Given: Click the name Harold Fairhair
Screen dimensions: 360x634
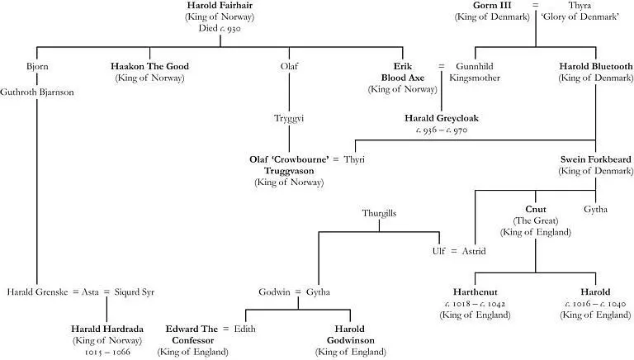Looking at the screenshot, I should click(220, 6).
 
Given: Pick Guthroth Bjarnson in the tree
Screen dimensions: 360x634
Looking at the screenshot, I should click(37, 92).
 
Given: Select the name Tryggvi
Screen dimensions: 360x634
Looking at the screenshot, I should click(289, 119).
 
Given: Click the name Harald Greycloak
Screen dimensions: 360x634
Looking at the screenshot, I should click(441, 119).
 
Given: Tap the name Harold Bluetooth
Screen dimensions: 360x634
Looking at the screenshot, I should click(595, 66).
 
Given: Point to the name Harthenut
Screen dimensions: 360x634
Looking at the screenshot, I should click(473, 292).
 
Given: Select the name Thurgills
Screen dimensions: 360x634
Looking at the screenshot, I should click(379, 213).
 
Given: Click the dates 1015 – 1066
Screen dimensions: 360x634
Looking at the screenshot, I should click(107, 351).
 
